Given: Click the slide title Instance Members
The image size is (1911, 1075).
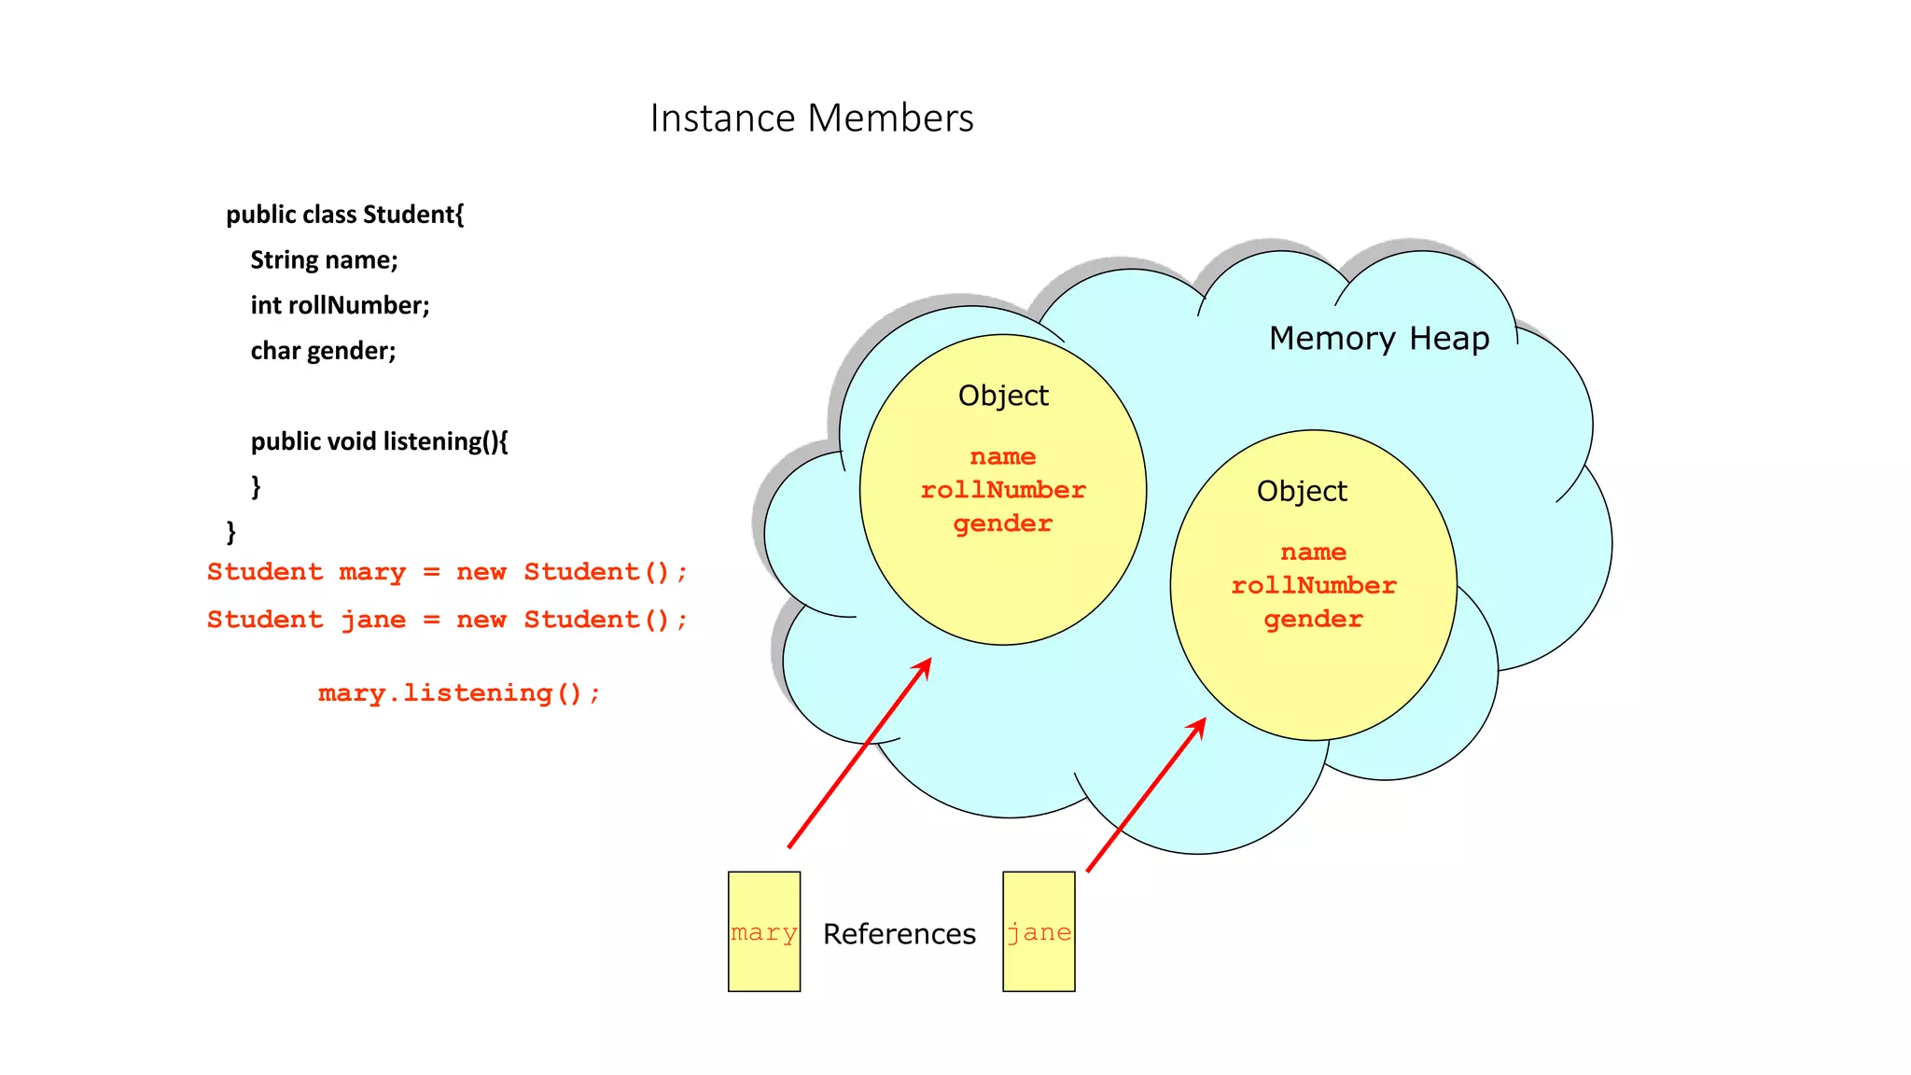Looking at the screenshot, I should [x=811, y=119].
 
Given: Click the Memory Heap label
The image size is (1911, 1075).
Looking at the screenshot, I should [x=1378, y=338].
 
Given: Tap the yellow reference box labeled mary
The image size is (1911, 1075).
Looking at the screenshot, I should [x=763, y=931].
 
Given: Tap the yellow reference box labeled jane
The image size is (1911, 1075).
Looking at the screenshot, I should [x=1039, y=931].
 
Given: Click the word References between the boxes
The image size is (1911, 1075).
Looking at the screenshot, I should [x=899, y=933].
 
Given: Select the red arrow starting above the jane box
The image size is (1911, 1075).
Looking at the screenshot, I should [x=1146, y=795].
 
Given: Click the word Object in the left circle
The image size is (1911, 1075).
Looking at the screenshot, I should [x=1003, y=396].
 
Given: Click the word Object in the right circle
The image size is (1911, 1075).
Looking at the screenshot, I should [x=1302, y=491].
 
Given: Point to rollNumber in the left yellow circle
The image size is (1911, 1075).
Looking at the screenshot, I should [x=1003, y=490].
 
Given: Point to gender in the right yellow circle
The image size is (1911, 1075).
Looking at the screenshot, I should [x=1313, y=620].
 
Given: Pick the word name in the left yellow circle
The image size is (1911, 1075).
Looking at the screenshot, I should [x=1003, y=456].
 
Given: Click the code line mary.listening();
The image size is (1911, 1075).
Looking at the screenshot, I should [x=458, y=693].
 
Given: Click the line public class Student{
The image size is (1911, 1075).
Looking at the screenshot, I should [x=344, y=215].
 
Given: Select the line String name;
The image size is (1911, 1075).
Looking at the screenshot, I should [x=324, y=260].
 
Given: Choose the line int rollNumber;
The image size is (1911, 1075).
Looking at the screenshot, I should [x=340, y=305].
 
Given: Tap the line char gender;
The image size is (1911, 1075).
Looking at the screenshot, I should [x=323, y=351].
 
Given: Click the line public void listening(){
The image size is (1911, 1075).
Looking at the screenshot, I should [x=379, y=441].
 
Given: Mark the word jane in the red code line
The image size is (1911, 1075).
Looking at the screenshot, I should [x=373, y=621].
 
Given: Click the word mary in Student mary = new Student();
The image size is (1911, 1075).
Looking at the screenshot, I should [x=372, y=572].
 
